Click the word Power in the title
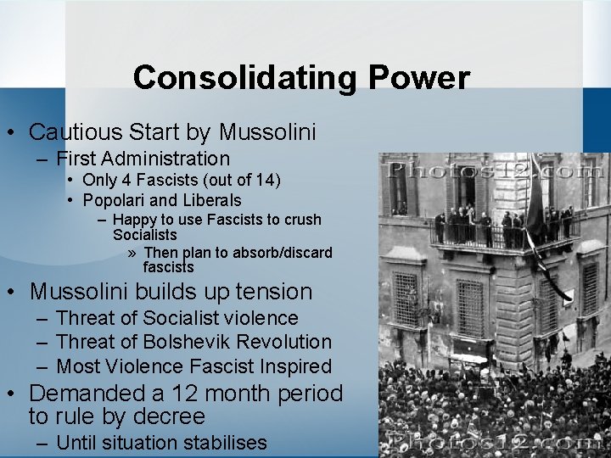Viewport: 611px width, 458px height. (418, 78)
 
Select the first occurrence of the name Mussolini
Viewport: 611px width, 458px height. (267, 132)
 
